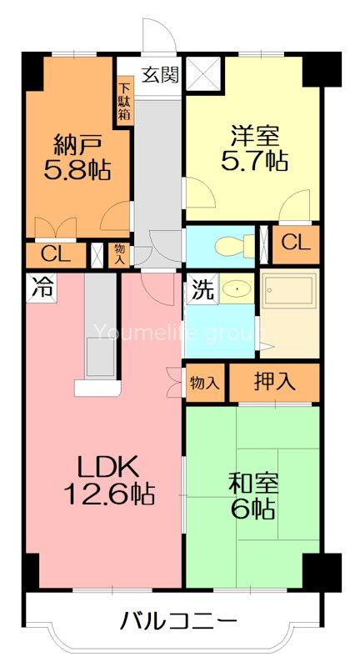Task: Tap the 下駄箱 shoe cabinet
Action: tap(124, 101)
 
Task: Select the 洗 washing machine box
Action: tap(202, 290)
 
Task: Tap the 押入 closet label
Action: tap(274, 383)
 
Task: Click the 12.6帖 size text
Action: tap(109, 495)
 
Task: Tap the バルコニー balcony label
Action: tap(179, 621)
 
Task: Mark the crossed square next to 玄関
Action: tap(202, 73)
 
